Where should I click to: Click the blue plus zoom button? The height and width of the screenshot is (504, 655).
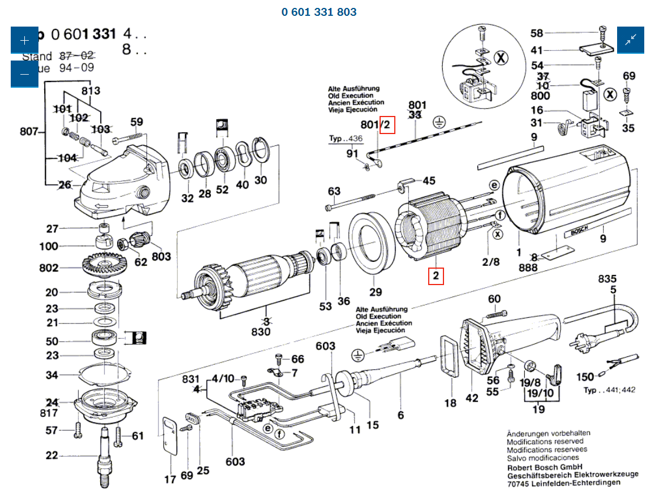pyautogui.click(x=24, y=40)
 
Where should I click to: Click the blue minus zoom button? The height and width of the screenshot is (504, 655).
pyautogui.click(x=24, y=74)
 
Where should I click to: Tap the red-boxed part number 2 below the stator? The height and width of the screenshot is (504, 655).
pyautogui.click(x=436, y=277)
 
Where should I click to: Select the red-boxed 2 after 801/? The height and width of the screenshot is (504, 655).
pyautogui.click(x=387, y=125)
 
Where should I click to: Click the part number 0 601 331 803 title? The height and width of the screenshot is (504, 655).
pyautogui.click(x=319, y=12)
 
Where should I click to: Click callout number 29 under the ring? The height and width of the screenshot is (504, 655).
pyautogui.click(x=376, y=292)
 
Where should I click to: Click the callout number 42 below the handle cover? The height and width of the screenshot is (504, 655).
pyautogui.click(x=472, y=398)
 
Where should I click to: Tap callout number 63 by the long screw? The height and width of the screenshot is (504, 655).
pyautogui.click(x=334, y=191)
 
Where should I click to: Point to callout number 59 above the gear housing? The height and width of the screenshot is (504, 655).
pyautogui.click(x=136, y=122)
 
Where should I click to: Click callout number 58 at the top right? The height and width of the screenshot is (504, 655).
pyautogui.click(x=536, y=33)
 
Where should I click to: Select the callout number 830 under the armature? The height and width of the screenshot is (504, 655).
pyautogui.click(x=260, y=331)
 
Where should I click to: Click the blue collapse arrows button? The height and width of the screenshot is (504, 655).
pyautogui.click(x=630, y=40)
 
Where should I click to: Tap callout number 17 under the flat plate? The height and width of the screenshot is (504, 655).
pyautogui.click(x=170, y=479)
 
